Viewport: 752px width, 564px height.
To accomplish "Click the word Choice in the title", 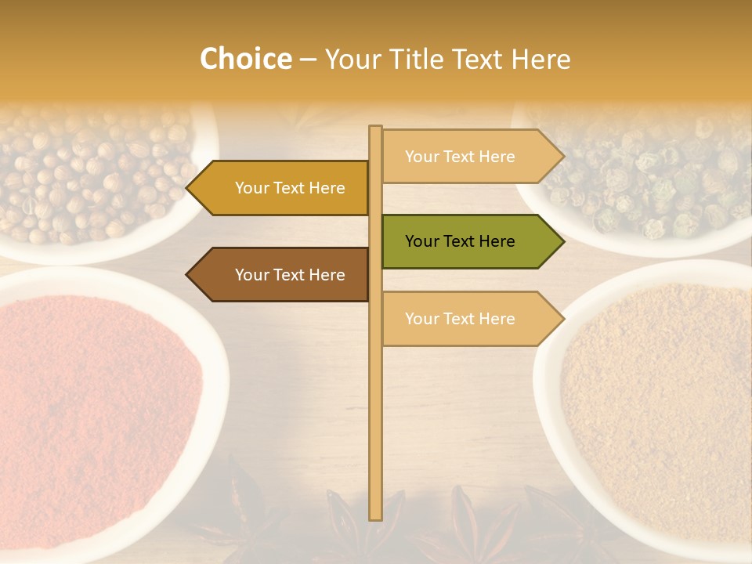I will (x=245, y=60).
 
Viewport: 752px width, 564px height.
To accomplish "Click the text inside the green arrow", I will (x=460, y=241).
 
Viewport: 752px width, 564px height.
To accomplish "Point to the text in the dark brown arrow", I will (x=290, y=275).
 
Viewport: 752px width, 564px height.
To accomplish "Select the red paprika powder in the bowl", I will (x=94, y=407).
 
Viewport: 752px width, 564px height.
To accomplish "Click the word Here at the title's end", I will (x=540, y=60).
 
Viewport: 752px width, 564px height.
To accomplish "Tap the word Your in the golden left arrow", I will (x=252, y=188).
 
